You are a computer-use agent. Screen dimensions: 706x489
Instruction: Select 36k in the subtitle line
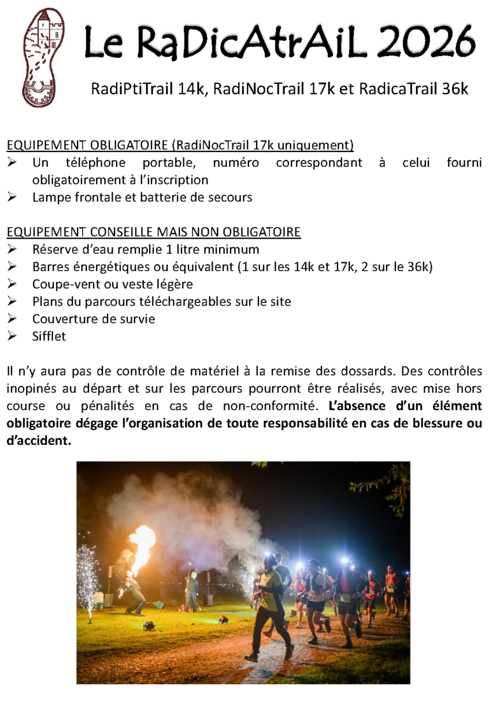pyautogui.click(x=453, y=90)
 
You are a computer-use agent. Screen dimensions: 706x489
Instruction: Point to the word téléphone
pyautogui.click(x=98, y=162)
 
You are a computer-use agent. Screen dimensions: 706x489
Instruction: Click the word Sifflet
pyautogui.click(x=49, y=336)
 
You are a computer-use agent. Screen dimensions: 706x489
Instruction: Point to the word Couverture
pyautogui.click(x=62, y=319)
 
